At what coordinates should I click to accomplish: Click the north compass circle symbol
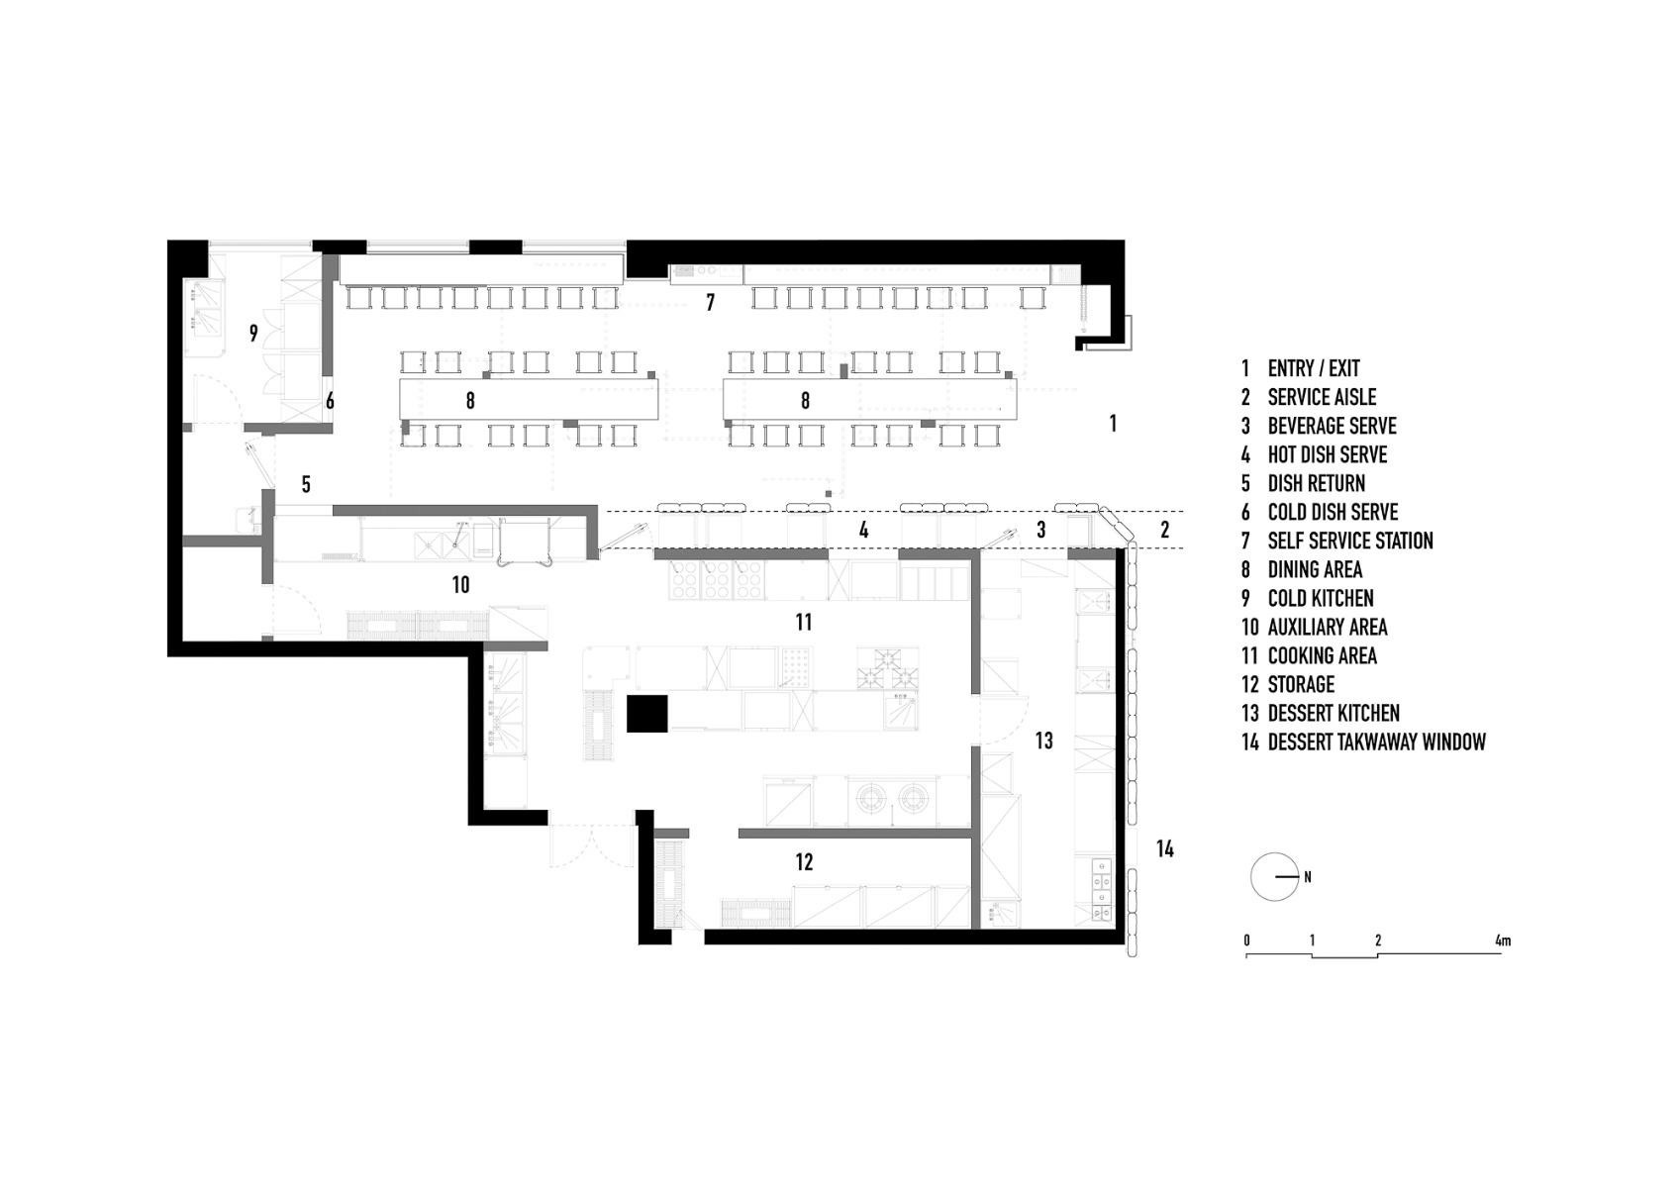click(x=1274, y=877)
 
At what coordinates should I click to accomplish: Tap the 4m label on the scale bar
click(x=1503, y=940)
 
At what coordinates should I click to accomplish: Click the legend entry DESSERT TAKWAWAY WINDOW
click(x=1364, y=742)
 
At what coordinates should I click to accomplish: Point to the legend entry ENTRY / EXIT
click(x=1301, y=368)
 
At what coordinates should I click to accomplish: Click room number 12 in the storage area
click(x=804, y=862)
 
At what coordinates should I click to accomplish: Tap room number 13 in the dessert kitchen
click(x=1043, y=741)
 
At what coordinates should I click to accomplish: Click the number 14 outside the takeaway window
click(x=1164, y=848)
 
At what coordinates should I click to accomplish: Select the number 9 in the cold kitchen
click(x=253, y=334)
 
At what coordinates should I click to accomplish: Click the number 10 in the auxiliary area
click(x=460, y=585)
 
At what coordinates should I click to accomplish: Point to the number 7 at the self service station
click(x=710, y=303)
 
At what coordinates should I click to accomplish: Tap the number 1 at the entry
click(x=1113, y=424)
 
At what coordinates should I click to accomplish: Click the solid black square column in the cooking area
click(x=647, y=713)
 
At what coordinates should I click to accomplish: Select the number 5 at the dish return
click(x=306, y=484)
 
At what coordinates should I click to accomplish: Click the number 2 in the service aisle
click(x=1164, y=530)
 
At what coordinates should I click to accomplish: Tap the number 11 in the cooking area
click(x=803, y=622)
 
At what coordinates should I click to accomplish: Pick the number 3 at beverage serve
click(x=1040, y=530)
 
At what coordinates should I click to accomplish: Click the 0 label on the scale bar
click(x=1246, y=940)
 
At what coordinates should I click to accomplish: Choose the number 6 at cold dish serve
click(x=330, y=401)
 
